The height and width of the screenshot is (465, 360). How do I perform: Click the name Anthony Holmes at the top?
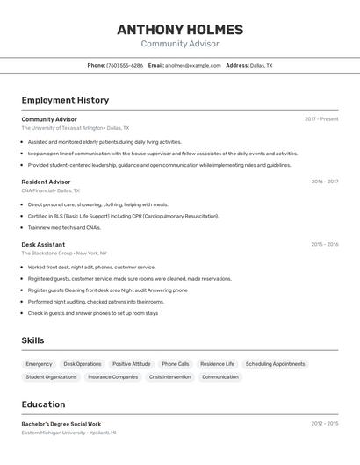180,30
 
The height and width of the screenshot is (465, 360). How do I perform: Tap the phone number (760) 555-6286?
125,65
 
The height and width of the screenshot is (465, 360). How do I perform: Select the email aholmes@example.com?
193,65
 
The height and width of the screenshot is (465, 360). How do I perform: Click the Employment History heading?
65,100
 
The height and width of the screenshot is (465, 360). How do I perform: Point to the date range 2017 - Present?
321,119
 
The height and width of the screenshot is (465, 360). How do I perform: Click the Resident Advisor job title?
46,182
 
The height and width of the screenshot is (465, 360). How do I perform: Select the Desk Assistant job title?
43,245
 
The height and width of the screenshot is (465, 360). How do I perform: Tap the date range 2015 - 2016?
324,245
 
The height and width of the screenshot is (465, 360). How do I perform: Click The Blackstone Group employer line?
64,254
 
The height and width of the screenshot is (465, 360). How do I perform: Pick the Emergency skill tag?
39,364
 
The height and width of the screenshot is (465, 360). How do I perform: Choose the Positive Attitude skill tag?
132,364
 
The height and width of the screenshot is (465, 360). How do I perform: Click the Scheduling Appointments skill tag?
275,364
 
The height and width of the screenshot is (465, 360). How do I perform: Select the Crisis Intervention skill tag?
169,377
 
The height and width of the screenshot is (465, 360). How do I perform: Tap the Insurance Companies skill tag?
112,377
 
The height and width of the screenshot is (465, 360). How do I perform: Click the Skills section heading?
32,340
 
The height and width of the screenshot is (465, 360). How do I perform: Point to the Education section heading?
43,404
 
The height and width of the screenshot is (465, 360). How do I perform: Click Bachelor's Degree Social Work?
61,424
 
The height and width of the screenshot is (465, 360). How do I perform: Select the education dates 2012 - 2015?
324,424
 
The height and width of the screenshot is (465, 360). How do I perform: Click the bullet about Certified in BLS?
123,216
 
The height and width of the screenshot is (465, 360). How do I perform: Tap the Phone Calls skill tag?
175,364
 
